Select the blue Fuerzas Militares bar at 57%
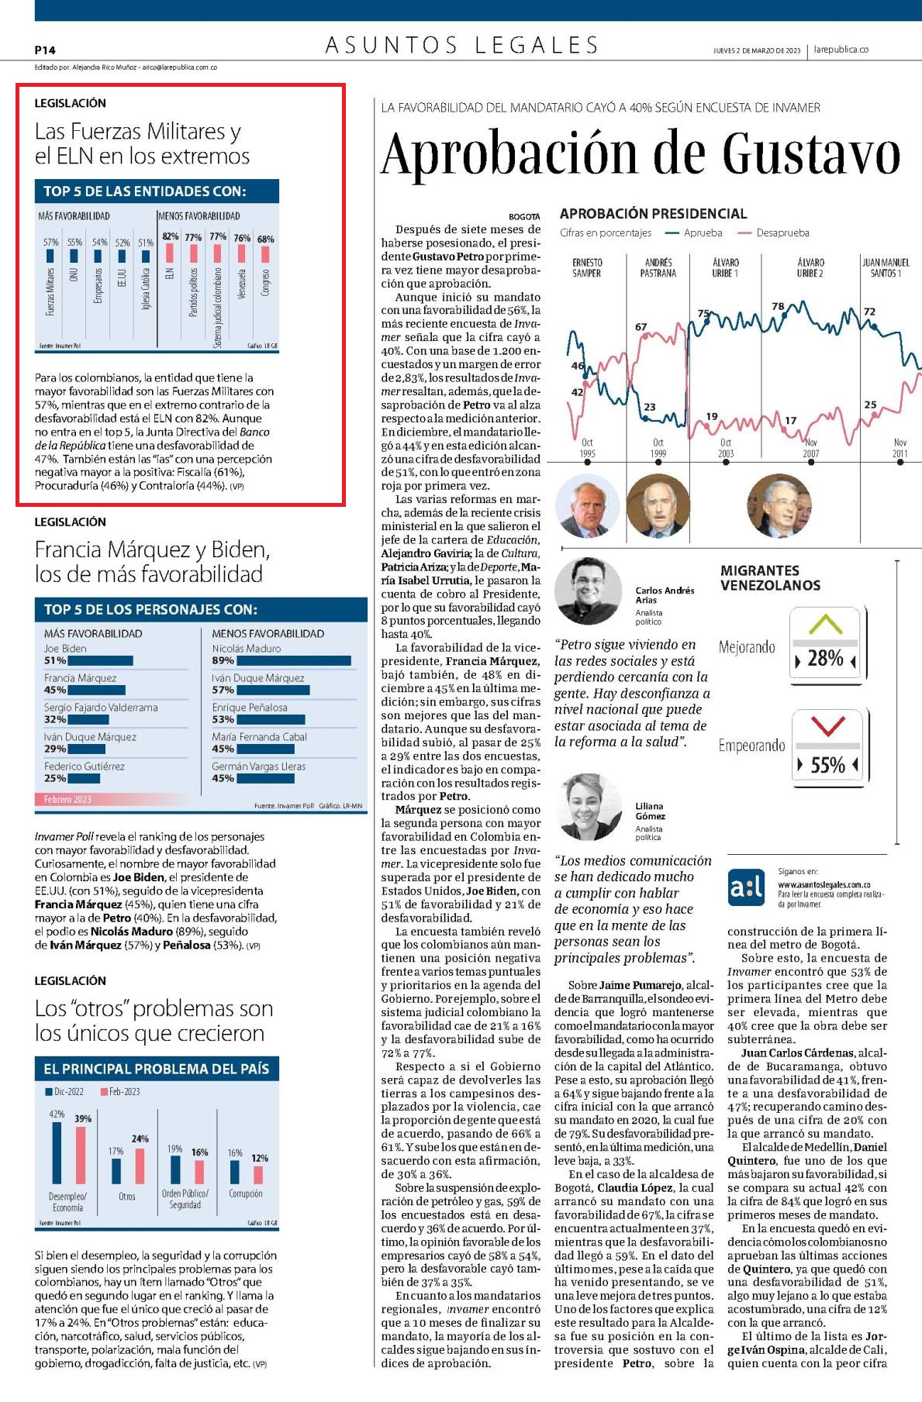click(x=50, y=255)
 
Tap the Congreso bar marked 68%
click(x=265, y=254)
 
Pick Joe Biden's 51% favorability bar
click(x=99, y=661)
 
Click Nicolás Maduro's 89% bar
click(x=293, y=661)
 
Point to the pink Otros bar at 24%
click(x=140, y=1166)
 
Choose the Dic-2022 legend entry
click(x=64, y=1091)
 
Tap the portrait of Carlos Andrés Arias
click(x=588, y=591)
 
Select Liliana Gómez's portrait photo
click(x=588, y=807)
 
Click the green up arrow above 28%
click(x=825, y=625)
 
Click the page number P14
click(x=45, y=50)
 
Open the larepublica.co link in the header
click(x=841, y=50)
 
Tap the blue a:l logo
click(x=747, y=888)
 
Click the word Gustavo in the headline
click(x=812, y=153)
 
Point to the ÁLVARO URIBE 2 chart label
click(x=810, y=268)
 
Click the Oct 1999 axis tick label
click(x=658, y=448)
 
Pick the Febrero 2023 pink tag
click(x=67, y=799)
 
